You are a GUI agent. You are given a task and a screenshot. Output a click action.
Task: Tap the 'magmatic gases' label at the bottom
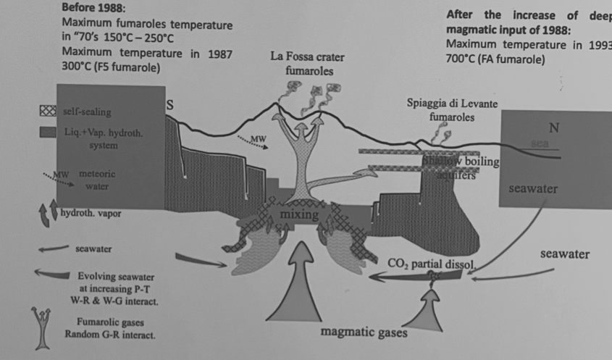coord(364,333)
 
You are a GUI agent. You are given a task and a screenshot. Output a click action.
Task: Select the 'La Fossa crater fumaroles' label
coord(307,64)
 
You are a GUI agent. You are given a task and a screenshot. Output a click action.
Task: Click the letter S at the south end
coord(171,105)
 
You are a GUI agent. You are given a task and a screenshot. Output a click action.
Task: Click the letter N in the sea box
coord(554,128)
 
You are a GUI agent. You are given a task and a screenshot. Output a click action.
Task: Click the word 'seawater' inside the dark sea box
coord(532,189)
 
